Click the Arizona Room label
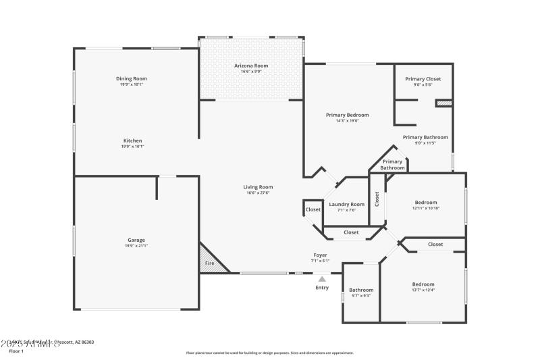point(251,66)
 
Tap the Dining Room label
point(131,78)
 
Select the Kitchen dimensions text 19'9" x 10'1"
point(132,147)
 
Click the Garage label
point(136,240)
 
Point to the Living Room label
point(258,187)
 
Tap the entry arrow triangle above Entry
point(322,278)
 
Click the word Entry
point(322,288)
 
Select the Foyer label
point(320,255)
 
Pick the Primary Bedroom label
point(347,115)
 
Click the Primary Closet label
point(423,79)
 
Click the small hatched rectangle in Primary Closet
point(443,103)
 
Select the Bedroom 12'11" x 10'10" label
point(426,202)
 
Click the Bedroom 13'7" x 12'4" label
point(423,284)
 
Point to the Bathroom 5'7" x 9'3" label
point(361,290)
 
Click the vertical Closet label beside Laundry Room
point(377,199)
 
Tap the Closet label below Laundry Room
point(351,232)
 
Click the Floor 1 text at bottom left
point(16,351)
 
